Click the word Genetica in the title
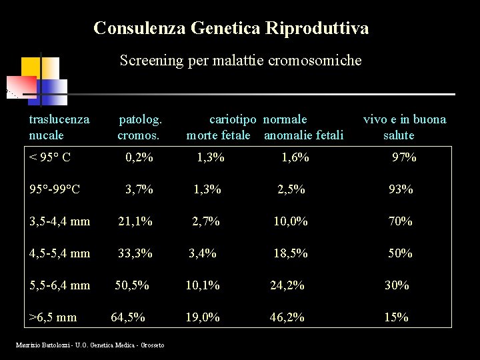[x=225, y=28]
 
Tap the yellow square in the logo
[x=30, y=67]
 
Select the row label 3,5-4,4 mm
[x=60, y=221]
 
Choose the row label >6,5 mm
[x=53, y=317]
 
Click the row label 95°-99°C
[x=55, y=189]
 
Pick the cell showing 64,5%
[x=128, y=317]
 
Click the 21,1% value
[x=135, y=221]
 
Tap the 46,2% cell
[x=287, y=317]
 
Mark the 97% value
[x=404, y=158]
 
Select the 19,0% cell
[x=203, y=317]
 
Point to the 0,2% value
[x=139, y=158]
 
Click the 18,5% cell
[x=291, y=253]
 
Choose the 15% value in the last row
[x=397, y=317]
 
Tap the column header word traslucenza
[x=59, y=120]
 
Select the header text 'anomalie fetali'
[x=304, y=136]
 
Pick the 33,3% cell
[x=135, y=253]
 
